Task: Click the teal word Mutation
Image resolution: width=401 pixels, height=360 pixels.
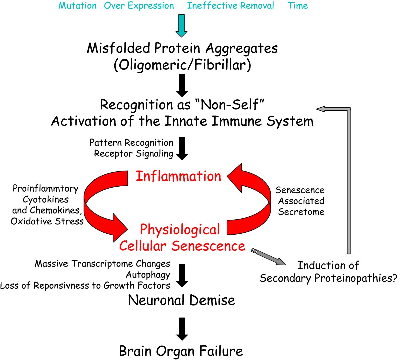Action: [78, 6]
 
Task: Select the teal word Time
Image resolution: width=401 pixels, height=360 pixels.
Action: [298, 6]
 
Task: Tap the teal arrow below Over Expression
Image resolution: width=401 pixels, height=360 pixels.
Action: [182, 25]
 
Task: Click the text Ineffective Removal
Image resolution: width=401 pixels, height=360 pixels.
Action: [231, 6]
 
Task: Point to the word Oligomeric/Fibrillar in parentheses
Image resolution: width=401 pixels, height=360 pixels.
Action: [182, 65]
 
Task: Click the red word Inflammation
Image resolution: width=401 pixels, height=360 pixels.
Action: [178, 176]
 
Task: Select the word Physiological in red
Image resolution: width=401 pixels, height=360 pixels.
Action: [180, 230]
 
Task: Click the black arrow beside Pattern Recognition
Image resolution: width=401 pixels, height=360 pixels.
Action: [182, 148]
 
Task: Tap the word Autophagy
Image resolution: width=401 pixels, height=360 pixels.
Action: [148, 275]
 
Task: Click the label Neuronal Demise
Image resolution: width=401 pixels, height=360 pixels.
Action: [181, 300]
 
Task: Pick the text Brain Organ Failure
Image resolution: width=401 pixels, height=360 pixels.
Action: [181, 351]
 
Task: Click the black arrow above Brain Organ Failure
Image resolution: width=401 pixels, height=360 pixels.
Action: [182, 328]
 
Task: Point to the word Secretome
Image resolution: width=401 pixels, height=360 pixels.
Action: [301, 212]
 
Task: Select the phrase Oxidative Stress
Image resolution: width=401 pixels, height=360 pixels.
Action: [47, 221]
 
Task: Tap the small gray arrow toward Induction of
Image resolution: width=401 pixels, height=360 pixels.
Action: [269, 256]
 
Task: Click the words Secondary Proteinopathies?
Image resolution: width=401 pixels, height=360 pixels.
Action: [328, 278]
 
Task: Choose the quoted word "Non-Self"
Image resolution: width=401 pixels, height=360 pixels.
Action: [228, 105]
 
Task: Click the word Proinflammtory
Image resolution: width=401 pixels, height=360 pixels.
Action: [45, 189]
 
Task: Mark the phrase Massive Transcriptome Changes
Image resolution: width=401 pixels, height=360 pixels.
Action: [103, 264]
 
